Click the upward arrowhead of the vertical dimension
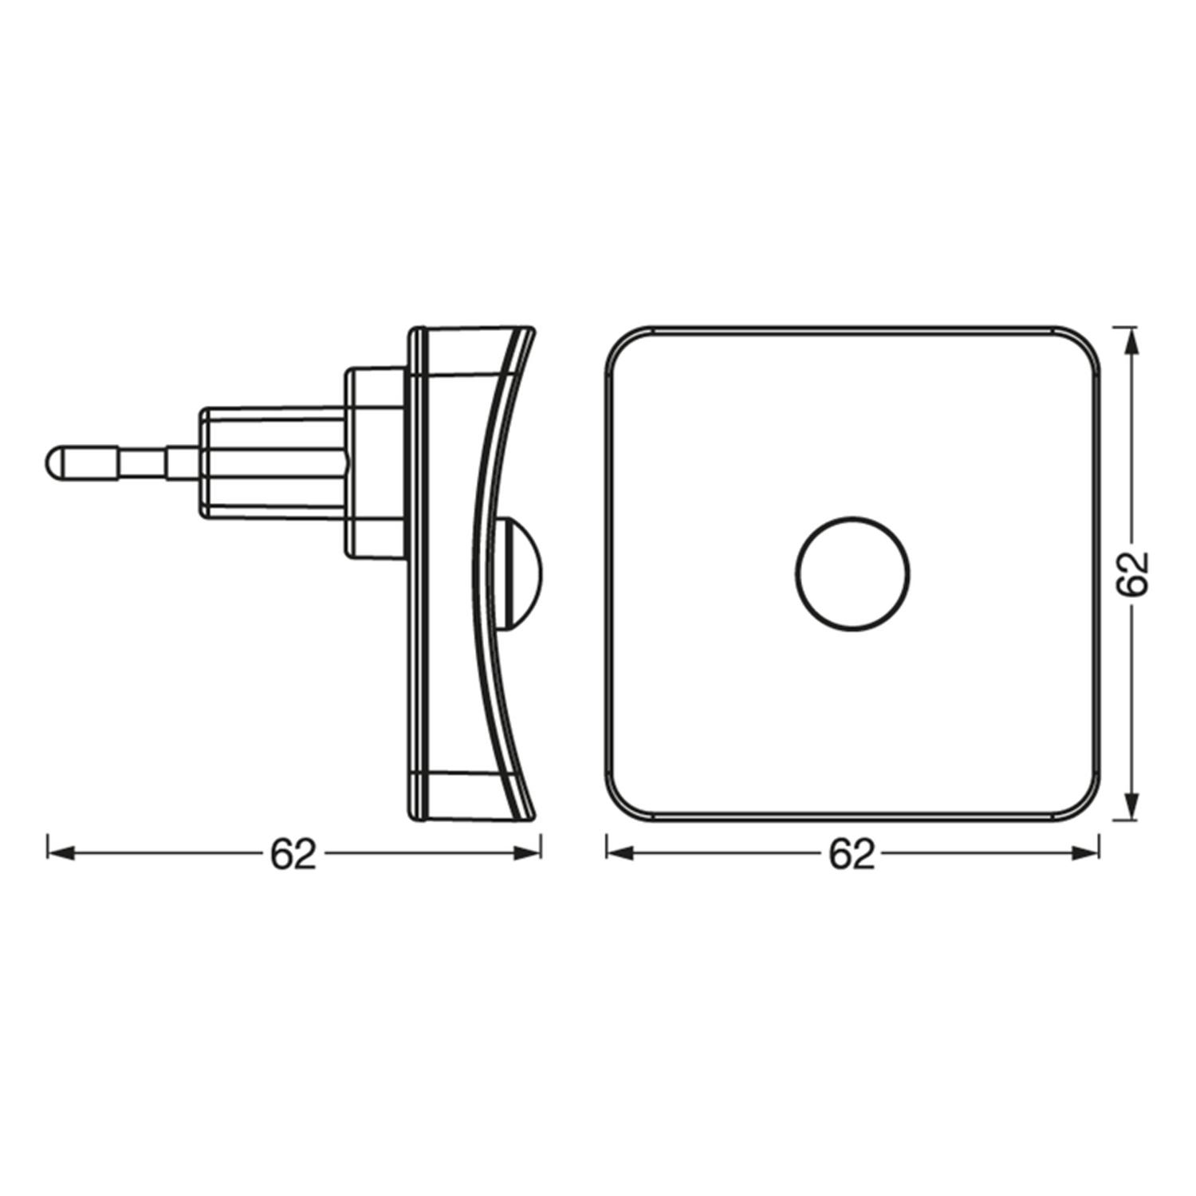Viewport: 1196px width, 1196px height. click(1131, 338)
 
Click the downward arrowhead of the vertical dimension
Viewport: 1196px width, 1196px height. click(1131, 807)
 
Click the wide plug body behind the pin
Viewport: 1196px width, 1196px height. click(271, 462)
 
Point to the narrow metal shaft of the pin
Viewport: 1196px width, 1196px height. click(144, 462)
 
